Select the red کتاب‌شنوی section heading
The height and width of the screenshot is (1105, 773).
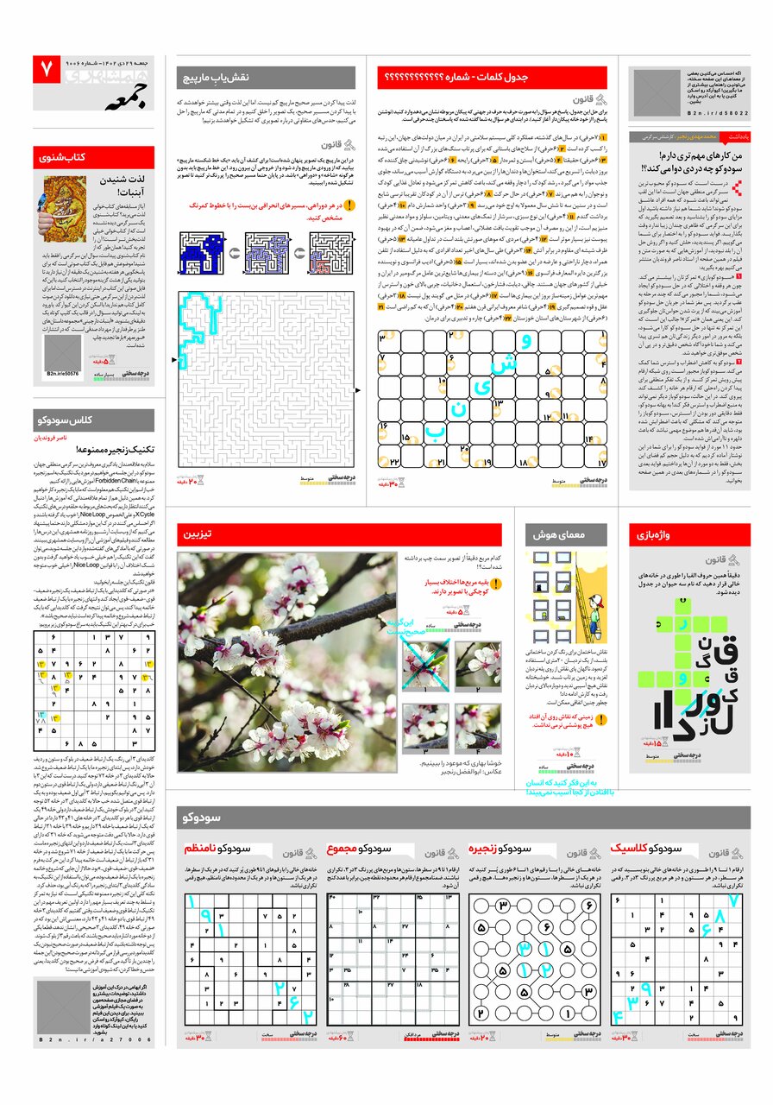[x=94, y=157]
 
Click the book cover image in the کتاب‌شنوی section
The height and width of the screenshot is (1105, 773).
[x=66, y=207]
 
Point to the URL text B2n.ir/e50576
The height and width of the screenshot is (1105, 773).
[x=62, y=374]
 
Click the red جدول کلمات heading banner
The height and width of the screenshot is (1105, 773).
[x=492, y=78]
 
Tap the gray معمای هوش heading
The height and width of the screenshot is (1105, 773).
[x=565, y=535]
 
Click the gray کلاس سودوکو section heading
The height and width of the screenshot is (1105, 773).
[x=94, y=420]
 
